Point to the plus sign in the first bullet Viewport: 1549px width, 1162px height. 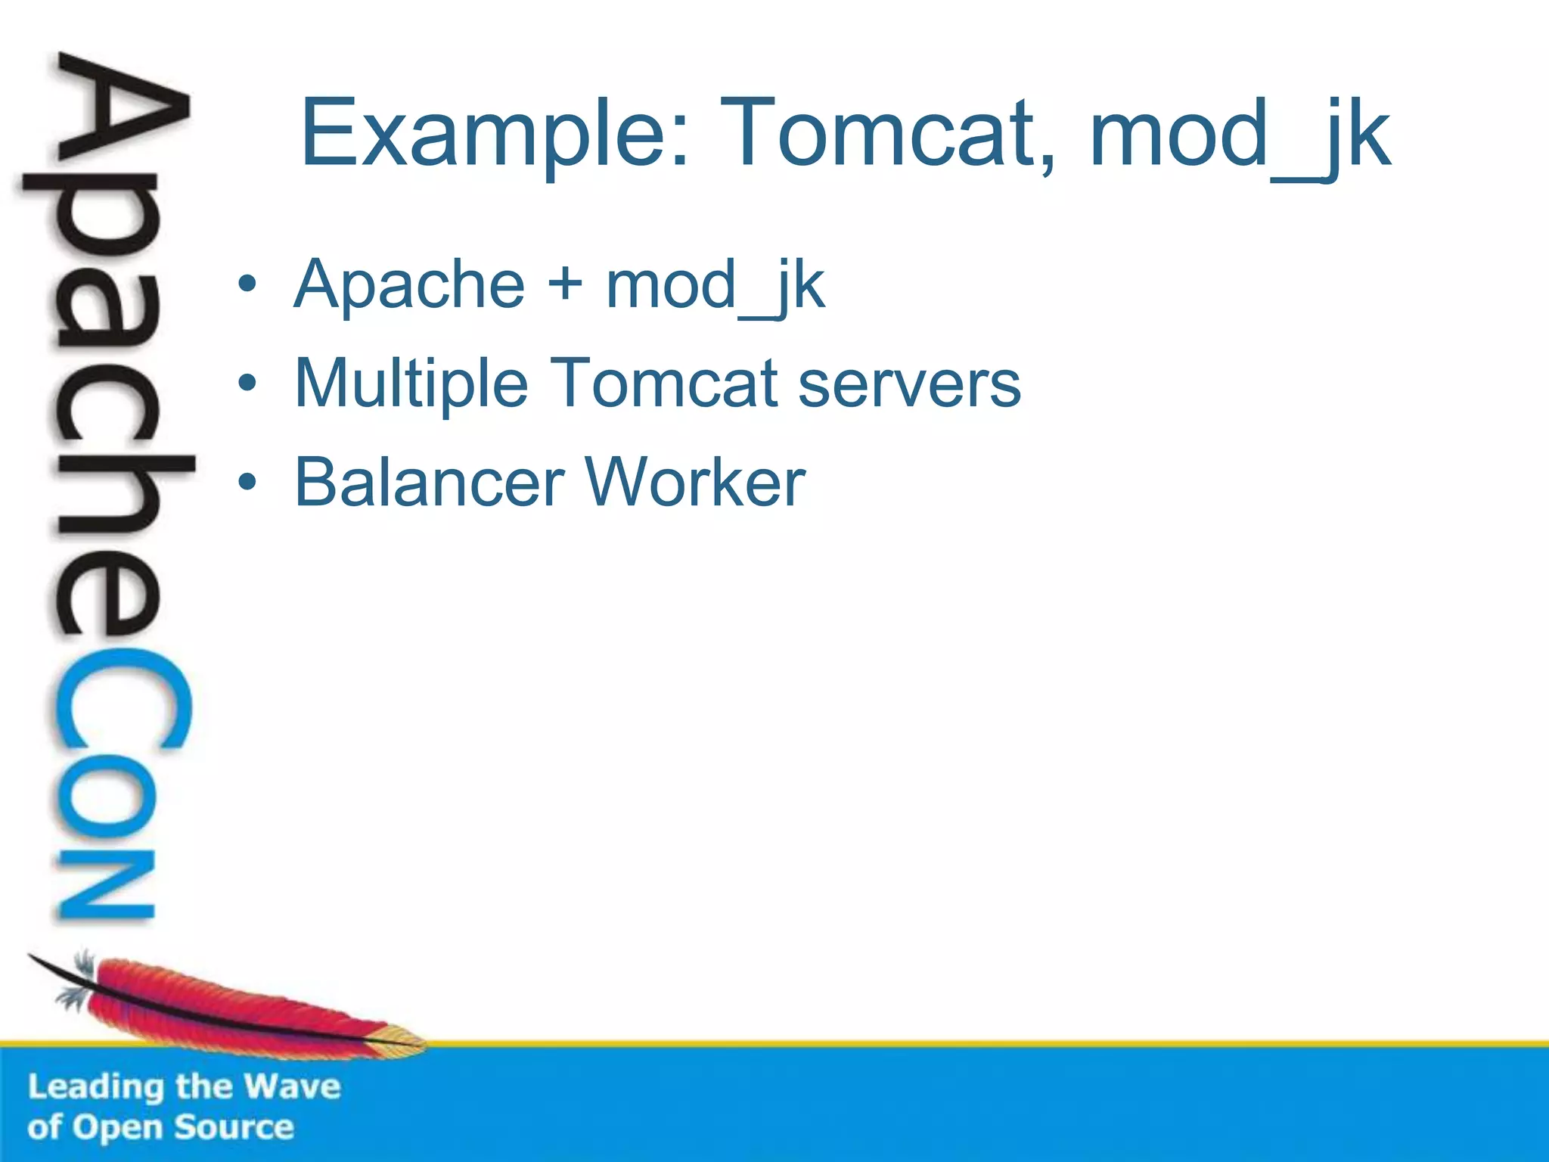coord(565,286)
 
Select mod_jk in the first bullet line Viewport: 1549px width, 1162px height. coord(715,286)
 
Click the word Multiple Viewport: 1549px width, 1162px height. coord(411,384)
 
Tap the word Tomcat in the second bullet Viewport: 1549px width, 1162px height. coord(663,384)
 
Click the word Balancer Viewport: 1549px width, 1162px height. coord(429,483)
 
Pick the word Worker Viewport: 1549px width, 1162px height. coord(695,483)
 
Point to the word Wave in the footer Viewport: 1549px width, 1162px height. coord(293,1087)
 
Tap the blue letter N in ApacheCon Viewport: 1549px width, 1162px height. coord(106,885)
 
